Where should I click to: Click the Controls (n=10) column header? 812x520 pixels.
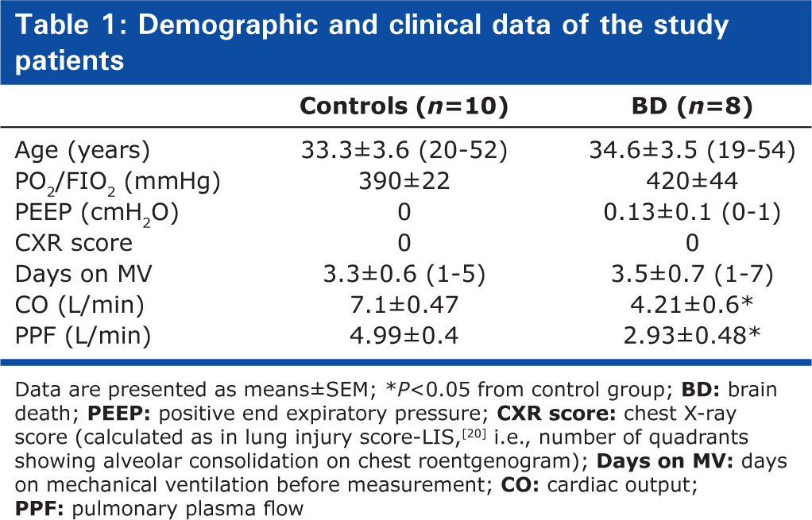click(x=404, y=106)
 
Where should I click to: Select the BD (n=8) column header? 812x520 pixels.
click(x=692, y=106)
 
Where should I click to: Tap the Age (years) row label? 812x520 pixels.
click(x=83, y=151)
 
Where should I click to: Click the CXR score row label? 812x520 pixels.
click(x=74, y=243)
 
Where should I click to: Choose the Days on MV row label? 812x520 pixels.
click(x=83, y=274)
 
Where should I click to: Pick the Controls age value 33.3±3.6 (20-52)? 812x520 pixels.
click(x=404, y=151)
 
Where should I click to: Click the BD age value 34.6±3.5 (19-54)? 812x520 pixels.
click(x=692, y=151)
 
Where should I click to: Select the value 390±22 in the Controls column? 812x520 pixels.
click(x=404, y=181)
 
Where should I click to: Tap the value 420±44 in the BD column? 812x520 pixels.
click(x=692, y=181)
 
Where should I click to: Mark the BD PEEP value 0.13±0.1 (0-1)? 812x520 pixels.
click(x=692, y=213)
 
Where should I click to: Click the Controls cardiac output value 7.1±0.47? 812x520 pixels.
click(x=404, y=305)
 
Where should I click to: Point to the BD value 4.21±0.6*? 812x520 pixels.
click(x=692, y=305)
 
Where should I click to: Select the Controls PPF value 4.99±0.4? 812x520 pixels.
click(x=404, y=336)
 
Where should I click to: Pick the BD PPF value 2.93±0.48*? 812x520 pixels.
click(x=692, y=336)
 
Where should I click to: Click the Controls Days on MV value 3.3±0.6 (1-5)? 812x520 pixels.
click(x=404, y=274)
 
